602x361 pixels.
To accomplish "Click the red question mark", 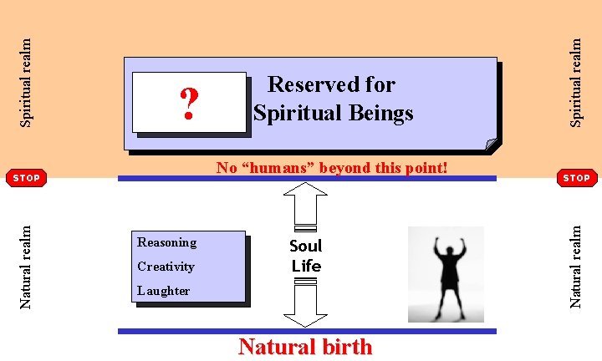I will [189, 104].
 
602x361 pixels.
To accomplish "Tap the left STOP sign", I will [27, 177].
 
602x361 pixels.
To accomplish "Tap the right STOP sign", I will [576, 177].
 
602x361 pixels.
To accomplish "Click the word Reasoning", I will [167, 242].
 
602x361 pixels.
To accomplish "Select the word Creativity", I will [166, 267].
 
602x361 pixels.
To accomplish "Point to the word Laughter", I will [164, 291].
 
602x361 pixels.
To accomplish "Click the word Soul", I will [305, 246].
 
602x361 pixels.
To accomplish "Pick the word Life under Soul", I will [306, 266].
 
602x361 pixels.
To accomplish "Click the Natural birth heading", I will [305, 346].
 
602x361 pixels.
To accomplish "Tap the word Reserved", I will [309, 84].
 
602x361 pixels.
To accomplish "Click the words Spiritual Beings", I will [334, 113].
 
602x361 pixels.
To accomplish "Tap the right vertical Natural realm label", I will [575, 262].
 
